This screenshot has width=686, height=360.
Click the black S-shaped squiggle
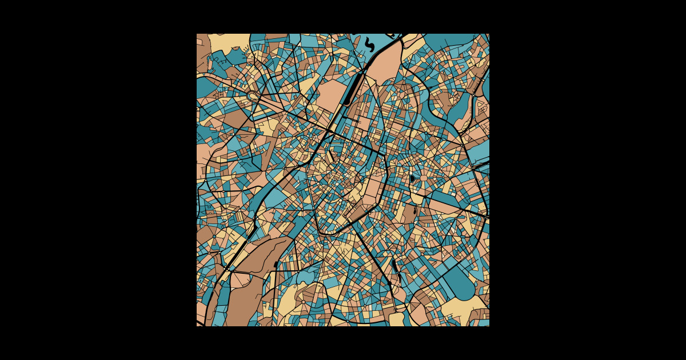pos(370,43)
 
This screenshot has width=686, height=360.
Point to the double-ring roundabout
pos(253,95)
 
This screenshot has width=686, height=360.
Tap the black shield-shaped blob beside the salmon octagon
pos(412,178)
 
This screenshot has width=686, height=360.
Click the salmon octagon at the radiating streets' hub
pos(424,178)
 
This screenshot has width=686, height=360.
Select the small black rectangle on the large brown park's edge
pos(276,265)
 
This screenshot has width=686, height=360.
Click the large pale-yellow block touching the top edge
pos(229,41)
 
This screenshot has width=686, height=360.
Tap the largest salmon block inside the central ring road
pos(372,189)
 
